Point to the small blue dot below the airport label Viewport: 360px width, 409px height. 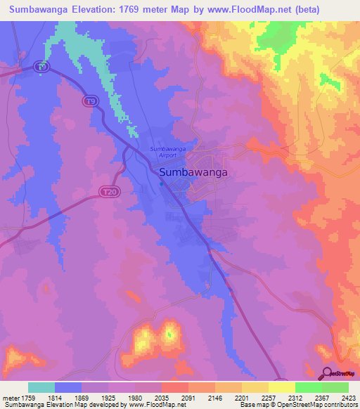coord(161,185)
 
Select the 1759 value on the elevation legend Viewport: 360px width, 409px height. coord(30,397)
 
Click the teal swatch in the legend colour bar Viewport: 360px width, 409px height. coord(41,387)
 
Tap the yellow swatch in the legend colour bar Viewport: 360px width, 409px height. coord(281,387)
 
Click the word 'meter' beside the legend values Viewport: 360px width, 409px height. coord(11,397)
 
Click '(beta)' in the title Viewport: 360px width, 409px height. coord(307,10)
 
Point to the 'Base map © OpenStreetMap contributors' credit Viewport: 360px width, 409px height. coord(298,405)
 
